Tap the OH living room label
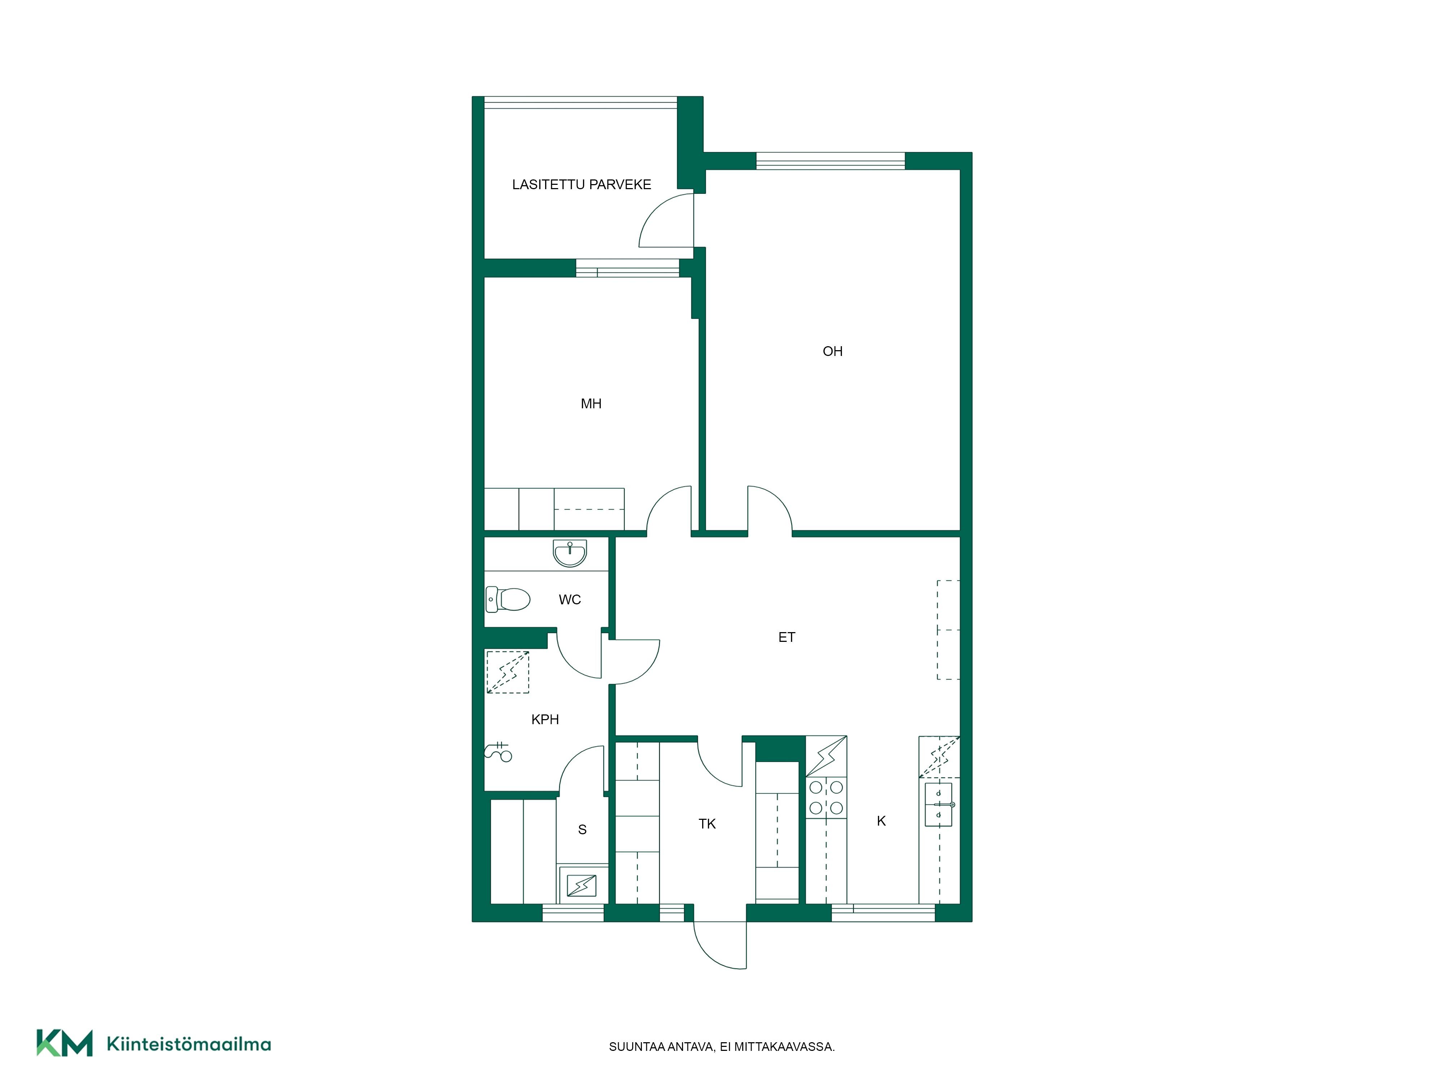click(832, 351)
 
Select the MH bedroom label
click(591, 404)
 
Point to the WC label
click(569, 599)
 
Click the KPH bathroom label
click(545, 719)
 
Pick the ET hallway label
click(787, 637)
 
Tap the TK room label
click(707, 824)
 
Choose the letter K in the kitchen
click(881, 821)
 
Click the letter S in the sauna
click(582, 830)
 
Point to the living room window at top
click(830, 161)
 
